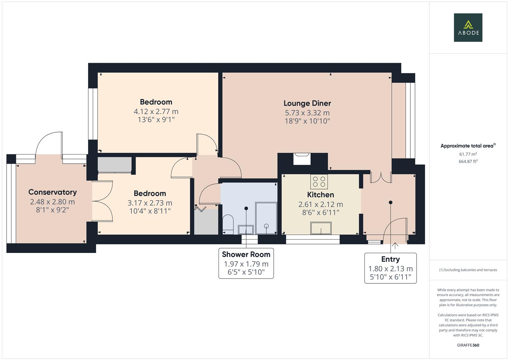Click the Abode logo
[468, 27]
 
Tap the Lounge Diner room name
[307, 103]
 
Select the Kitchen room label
[320, 195]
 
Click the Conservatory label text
[52, 192]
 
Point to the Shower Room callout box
[246, 263]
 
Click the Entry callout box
[390, 268]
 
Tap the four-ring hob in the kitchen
[319, 182]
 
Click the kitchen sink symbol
[321, 228]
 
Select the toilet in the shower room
[228, 224]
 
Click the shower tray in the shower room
[266, 218]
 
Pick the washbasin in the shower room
[246, 230]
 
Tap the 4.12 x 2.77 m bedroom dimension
[156, 111]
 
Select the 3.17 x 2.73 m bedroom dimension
[150, 203]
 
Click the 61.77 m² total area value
[468, 154]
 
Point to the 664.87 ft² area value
[468, 161]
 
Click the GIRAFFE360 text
[468, 345]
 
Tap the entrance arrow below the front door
[395, 246]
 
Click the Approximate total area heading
[468, 146]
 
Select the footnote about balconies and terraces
[468, 270]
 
